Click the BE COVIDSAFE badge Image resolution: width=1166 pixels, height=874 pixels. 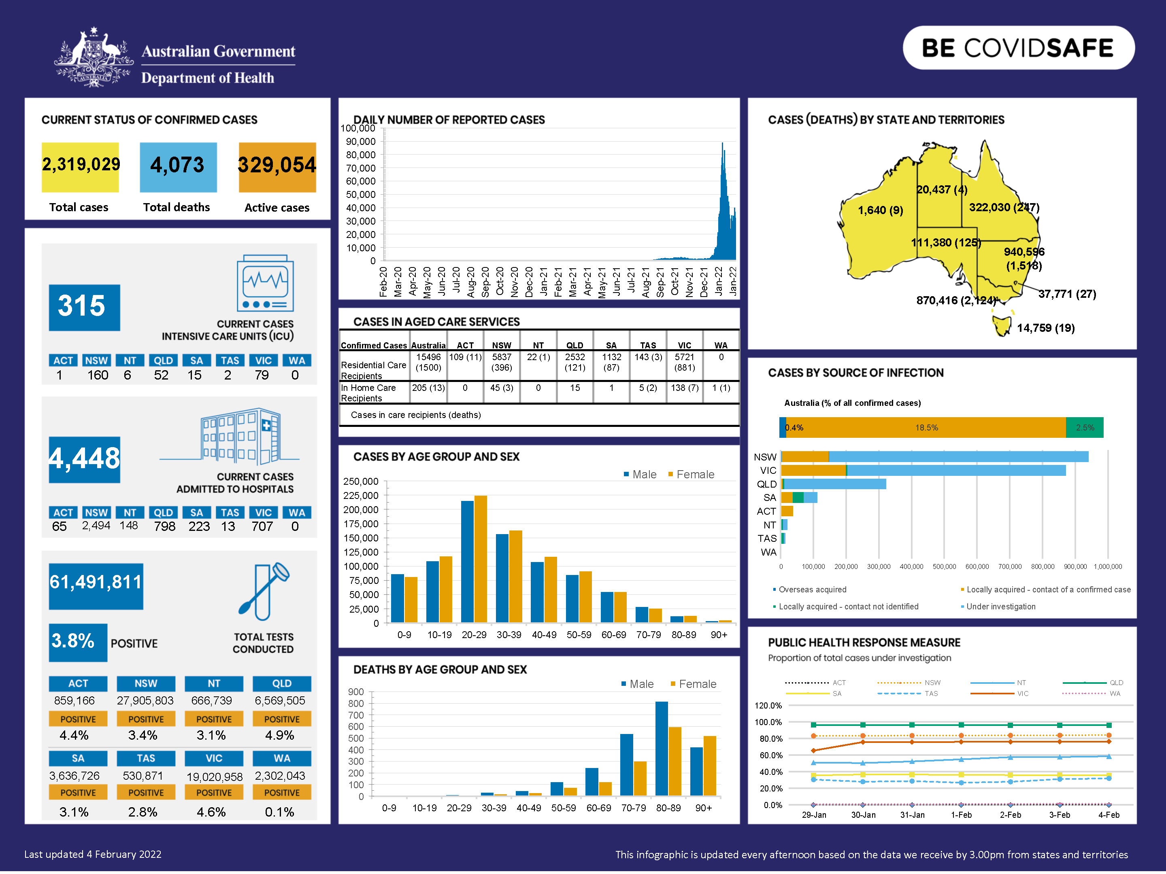1018,48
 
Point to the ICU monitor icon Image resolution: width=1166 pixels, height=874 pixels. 265,283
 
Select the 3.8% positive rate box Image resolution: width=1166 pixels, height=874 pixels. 77,642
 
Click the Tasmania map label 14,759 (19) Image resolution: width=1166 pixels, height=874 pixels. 1045,328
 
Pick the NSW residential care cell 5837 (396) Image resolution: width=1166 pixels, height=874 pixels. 501,363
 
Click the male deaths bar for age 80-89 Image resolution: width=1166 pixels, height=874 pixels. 662,748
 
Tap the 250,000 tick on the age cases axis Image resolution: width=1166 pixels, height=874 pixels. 361,482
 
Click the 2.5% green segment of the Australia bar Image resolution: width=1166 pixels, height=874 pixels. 1084,428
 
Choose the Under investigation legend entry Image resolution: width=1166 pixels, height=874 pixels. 1000,607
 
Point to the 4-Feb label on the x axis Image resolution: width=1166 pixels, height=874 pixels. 1109,815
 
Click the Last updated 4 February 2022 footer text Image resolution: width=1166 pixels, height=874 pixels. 93,855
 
